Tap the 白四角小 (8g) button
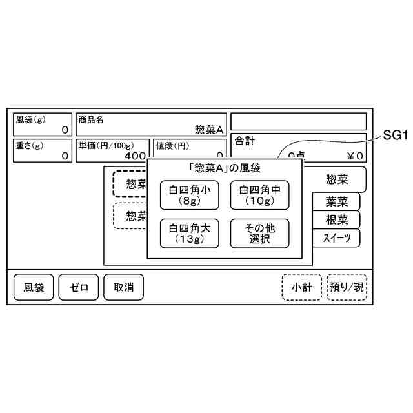click(x=190, y=195)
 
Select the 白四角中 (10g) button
click(x=260, y=195)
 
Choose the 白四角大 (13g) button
click(x=190, y=233)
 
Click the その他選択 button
click(x=260, y=233)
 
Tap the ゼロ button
click(x=78, y=287)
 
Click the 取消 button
click(x=123, y=287)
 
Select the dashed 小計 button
click(x=301, y=287)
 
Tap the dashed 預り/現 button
click(x=347, y=287)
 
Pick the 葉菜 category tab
click(x=336, y=201)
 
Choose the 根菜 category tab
click(x=336, y=219)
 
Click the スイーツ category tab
click(x=336, y=238)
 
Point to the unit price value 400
click(x=135, y=156)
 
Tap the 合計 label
click(x=245, y=140)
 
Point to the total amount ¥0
click(x=355, y=156)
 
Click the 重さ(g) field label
click(x=29, y=145)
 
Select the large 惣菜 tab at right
click(x=336, y=179)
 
